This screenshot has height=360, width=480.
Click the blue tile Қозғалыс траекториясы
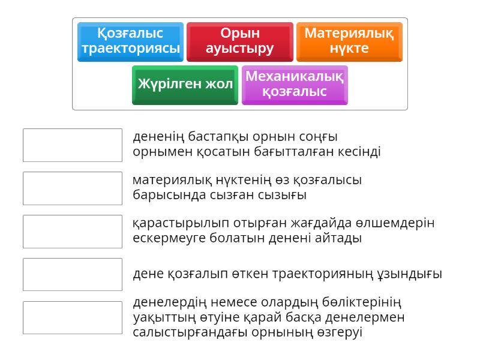(x=130, y=41)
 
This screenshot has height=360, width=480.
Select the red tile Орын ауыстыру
(x=239, y=41)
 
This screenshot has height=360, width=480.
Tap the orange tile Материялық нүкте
(x=349, y=41)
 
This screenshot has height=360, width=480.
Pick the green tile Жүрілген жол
(x=185, y=85)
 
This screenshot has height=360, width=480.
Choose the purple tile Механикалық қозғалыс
(x=295, y=85)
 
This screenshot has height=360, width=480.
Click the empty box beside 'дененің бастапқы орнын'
(x=73, y=145)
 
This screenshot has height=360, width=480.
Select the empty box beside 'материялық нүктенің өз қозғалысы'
(x=73, y=188)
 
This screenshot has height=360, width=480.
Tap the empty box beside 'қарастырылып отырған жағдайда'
(x=73, y=232)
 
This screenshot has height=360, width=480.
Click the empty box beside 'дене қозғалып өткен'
(x=73, y=275)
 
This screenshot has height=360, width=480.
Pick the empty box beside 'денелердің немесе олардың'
(x=73, y=318)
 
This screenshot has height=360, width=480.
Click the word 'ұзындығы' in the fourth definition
(x=414, y=275)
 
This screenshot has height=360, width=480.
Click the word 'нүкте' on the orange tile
(x=349, y=49)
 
